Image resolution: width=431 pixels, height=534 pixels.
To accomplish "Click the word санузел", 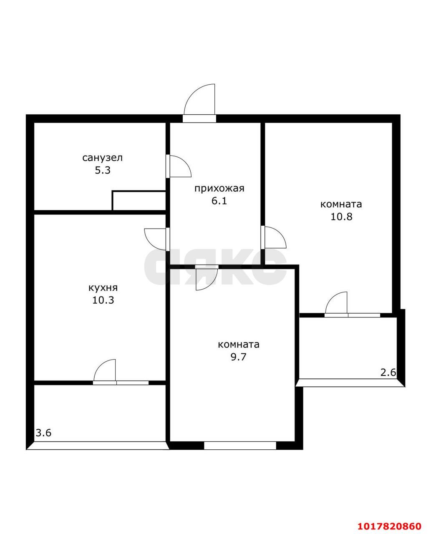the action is point(102,158).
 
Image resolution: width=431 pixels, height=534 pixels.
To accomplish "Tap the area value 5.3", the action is point(103,171).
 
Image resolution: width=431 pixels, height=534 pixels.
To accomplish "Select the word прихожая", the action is point(219,189).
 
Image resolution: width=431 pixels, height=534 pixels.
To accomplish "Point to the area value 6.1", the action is point(219,201).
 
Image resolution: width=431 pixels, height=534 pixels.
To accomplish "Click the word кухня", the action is point(103,287).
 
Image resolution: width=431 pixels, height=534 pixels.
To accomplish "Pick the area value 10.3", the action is point(103,300).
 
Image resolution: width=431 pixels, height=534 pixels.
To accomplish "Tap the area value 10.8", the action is point(341,217).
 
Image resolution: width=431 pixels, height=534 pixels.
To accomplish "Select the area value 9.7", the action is point(238,357).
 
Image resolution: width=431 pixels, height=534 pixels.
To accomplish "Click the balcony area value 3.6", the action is point(43,433).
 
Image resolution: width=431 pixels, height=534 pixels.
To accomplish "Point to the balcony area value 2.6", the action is point(388,380).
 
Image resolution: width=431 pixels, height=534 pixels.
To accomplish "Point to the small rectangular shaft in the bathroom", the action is point(139,200).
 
